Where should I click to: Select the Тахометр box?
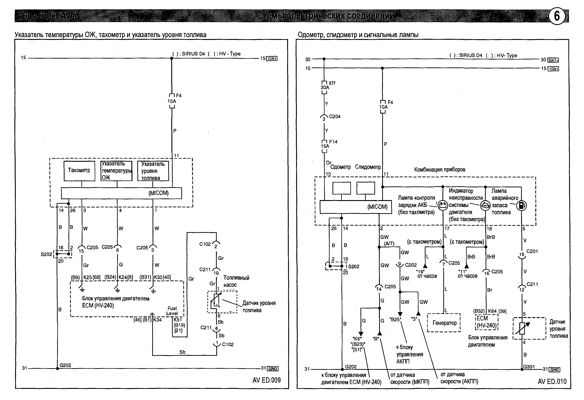click(79, 171)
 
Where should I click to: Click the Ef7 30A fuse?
click(324, 87)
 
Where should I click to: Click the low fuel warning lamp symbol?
click(521, 205)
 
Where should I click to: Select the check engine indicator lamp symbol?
click(485, 205)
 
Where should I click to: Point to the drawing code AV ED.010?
click(552, 381)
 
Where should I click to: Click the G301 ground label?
click(529, 367)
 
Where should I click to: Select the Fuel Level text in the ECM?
click(172, 311)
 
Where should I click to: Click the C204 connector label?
click(335, 117)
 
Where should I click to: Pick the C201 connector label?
click(532, 251)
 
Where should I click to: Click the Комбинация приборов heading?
click(440, 170)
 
